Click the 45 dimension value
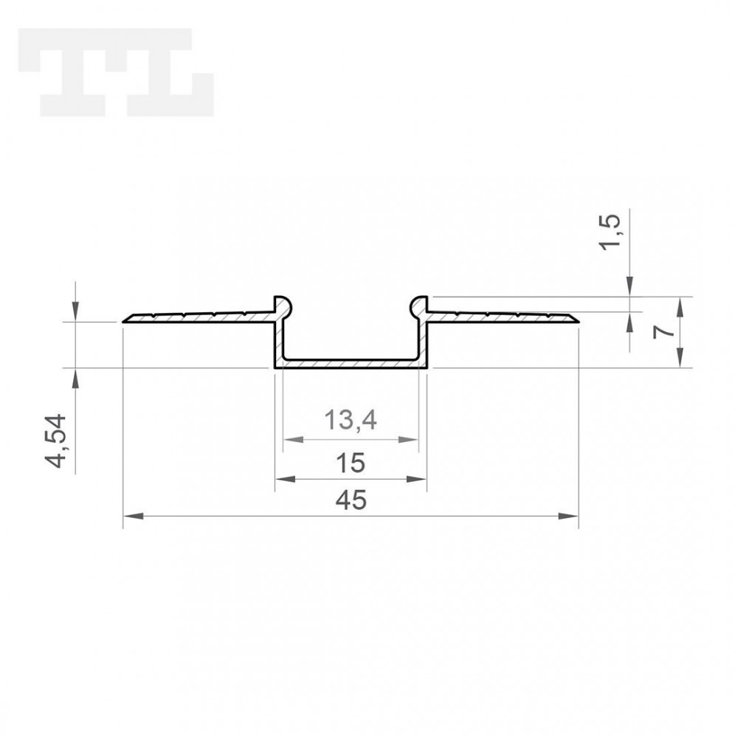pyautogui.click(x=351, y=500)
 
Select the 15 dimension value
pyautogui.click(x=351, y=463)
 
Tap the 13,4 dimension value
pyautogui.click(x=351, y=420)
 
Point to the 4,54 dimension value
pyautogui.click(x=55, y=441)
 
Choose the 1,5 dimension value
pyautogui.click(x=610, y=232)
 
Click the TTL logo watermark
pyautogui.click(x=116, y=72)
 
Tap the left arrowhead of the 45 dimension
pyautogui.click(x=133, y=517)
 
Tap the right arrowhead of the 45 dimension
pyautogui.click(x=568, y=517)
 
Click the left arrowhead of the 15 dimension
pyautogui.click(x=285, y=479)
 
